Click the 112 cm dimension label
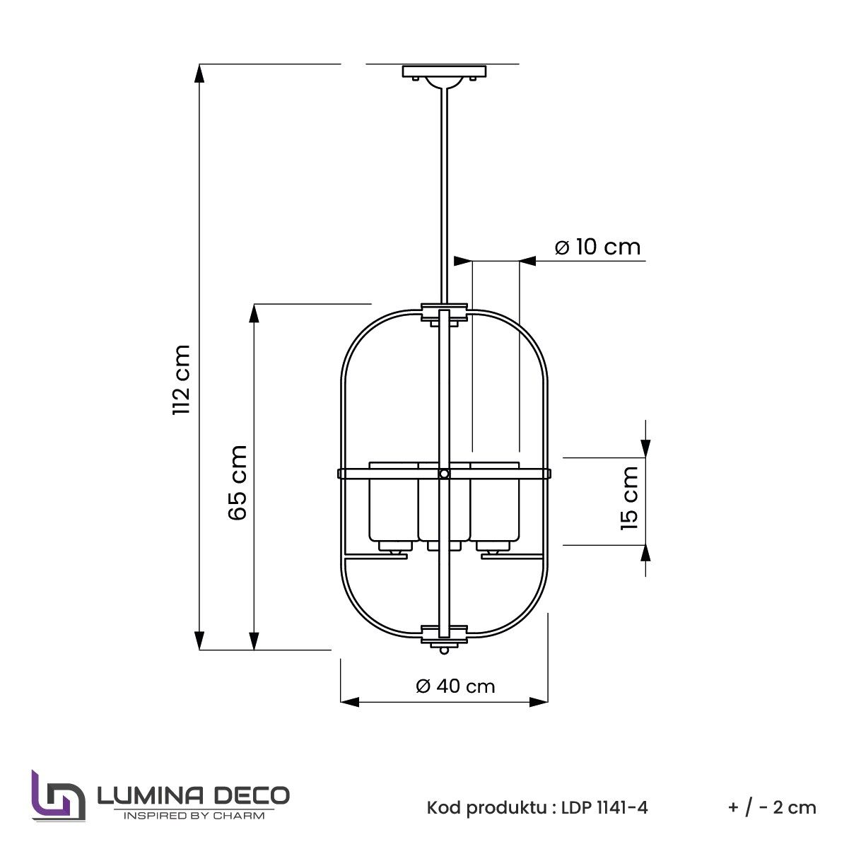(182, 380)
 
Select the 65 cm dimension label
(238, 482)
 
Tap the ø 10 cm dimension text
(597, 247)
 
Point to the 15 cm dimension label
(628, 498)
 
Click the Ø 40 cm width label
(455, 686)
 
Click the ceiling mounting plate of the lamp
(445, 71)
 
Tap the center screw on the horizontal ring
(444, 474)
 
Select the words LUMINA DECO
(192, 795)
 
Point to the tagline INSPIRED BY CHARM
(194, 816)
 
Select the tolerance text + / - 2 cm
(771, 807)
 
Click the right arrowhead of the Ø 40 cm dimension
(540, 702)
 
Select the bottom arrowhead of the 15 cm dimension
(645, 554)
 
